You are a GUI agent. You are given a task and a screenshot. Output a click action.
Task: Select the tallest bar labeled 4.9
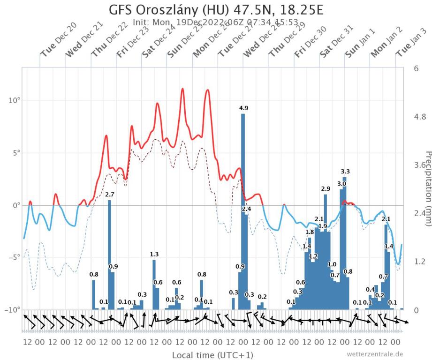[x=243, y=211]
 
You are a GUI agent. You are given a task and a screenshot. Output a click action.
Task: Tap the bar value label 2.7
[x=110, y=194]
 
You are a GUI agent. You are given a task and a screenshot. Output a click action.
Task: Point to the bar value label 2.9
[x=326, y=188]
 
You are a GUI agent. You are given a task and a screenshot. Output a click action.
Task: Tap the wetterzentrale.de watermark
[x=375, y=354]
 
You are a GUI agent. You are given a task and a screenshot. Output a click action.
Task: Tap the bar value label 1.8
[x=310, y=232]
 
